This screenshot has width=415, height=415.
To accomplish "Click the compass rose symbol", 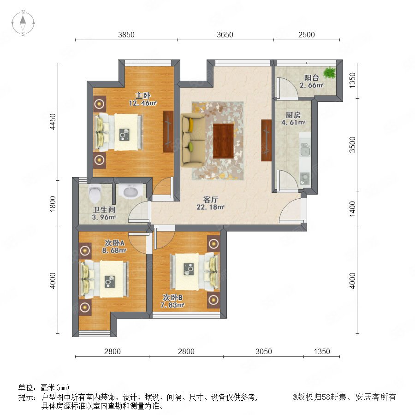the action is pos(23,23).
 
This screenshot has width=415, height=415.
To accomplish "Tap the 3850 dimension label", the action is pos(126,35).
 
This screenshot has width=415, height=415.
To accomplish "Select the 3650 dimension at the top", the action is pos(225,35).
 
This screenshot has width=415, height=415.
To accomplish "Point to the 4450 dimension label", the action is pos(53,121).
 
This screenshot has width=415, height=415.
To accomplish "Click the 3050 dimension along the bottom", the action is pos(264,351).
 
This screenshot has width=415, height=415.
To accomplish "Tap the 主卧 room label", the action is pos(143,95).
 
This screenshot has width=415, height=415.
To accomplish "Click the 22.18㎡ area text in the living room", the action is pos(210,207).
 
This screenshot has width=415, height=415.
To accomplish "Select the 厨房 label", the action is pos(293,115).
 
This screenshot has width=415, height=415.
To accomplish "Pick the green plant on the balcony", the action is pos(329,72).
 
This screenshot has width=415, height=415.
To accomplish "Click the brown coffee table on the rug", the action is pos(223,141).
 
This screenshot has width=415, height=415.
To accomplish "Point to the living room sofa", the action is pos(193,140).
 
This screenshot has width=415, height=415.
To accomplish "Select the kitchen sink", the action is pos(305,149).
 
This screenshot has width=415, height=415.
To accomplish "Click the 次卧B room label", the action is pos(172,297).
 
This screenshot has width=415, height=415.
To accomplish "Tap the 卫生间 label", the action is pos(104,210).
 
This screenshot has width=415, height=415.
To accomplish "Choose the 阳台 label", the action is pos(312,77).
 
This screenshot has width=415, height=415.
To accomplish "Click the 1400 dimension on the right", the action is pos(352,209).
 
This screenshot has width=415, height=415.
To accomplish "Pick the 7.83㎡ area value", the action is pos(172,305).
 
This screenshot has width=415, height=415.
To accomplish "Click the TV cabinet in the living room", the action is pos(266,140).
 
